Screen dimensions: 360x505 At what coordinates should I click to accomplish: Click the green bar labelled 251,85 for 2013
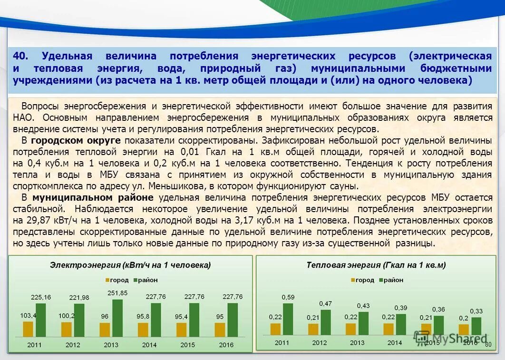click(x=117, y=318)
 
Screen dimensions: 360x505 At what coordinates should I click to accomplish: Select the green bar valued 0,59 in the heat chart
click(x=288, y=319)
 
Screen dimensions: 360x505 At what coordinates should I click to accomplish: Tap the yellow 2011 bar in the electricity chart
click(x=29, y=329)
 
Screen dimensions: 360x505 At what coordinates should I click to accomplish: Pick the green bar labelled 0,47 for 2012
click(x=325, y=322)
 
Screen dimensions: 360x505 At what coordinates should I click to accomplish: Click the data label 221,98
click(x=79, y=298)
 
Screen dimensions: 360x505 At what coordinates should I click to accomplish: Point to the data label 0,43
click(x=363, y=305)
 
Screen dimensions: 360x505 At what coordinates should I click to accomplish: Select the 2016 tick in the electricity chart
click(x=226, y=344)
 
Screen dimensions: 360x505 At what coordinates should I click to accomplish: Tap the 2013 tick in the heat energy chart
click(x=357, y=342)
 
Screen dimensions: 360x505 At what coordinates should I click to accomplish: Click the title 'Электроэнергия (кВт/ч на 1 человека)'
click(x=130, y=265)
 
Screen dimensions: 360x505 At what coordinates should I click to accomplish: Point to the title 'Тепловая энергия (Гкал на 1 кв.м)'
click(x=376, y=265)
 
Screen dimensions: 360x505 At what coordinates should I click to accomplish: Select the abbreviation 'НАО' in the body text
click(x=23, y=117)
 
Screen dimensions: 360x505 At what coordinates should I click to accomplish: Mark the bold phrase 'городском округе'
click(x=76, y=140)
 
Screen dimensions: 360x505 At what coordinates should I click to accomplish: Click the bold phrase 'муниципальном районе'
click(x=93, y=197)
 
